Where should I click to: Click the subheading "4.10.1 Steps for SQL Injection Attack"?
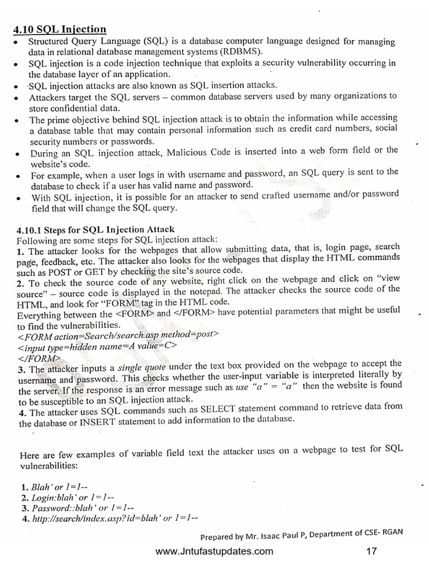[x=96, y=229]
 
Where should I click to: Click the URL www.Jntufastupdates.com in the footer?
[x=214, y=551]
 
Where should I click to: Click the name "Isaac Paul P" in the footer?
[x=285, y=536]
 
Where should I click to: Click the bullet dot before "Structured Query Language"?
[x=19, y=43]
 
